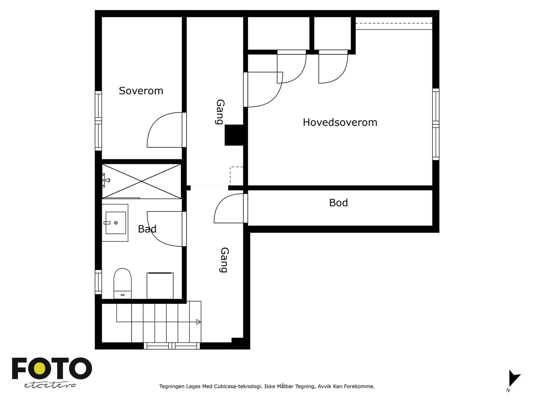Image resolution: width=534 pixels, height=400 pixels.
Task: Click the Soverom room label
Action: coord(141,91)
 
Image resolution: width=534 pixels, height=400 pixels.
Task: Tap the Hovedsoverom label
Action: coord(340,122)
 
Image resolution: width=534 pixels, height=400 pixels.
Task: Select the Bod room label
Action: coord(338,203)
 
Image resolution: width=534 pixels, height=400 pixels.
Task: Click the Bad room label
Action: coord(147,229)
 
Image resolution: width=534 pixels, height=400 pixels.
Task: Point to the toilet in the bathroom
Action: coord(122,283)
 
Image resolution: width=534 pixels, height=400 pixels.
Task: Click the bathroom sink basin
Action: coord(115,223)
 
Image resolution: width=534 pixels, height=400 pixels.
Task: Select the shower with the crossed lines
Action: coord(142,181)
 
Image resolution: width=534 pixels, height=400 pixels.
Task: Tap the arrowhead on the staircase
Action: coord(198,322)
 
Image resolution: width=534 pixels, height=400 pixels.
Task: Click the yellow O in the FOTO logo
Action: coord(39,368)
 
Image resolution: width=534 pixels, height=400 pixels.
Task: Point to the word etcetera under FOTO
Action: coord(50,385)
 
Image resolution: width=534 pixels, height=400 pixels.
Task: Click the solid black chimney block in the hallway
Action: coord(234,135)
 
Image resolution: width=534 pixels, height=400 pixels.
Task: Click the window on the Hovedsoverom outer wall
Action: coord(436,124)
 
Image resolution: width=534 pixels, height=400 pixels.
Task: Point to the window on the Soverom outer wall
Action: coord(98,121)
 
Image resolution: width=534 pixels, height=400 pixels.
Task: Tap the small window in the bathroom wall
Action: coord(98,282)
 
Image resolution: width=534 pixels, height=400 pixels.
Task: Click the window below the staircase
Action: coord(172,346)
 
